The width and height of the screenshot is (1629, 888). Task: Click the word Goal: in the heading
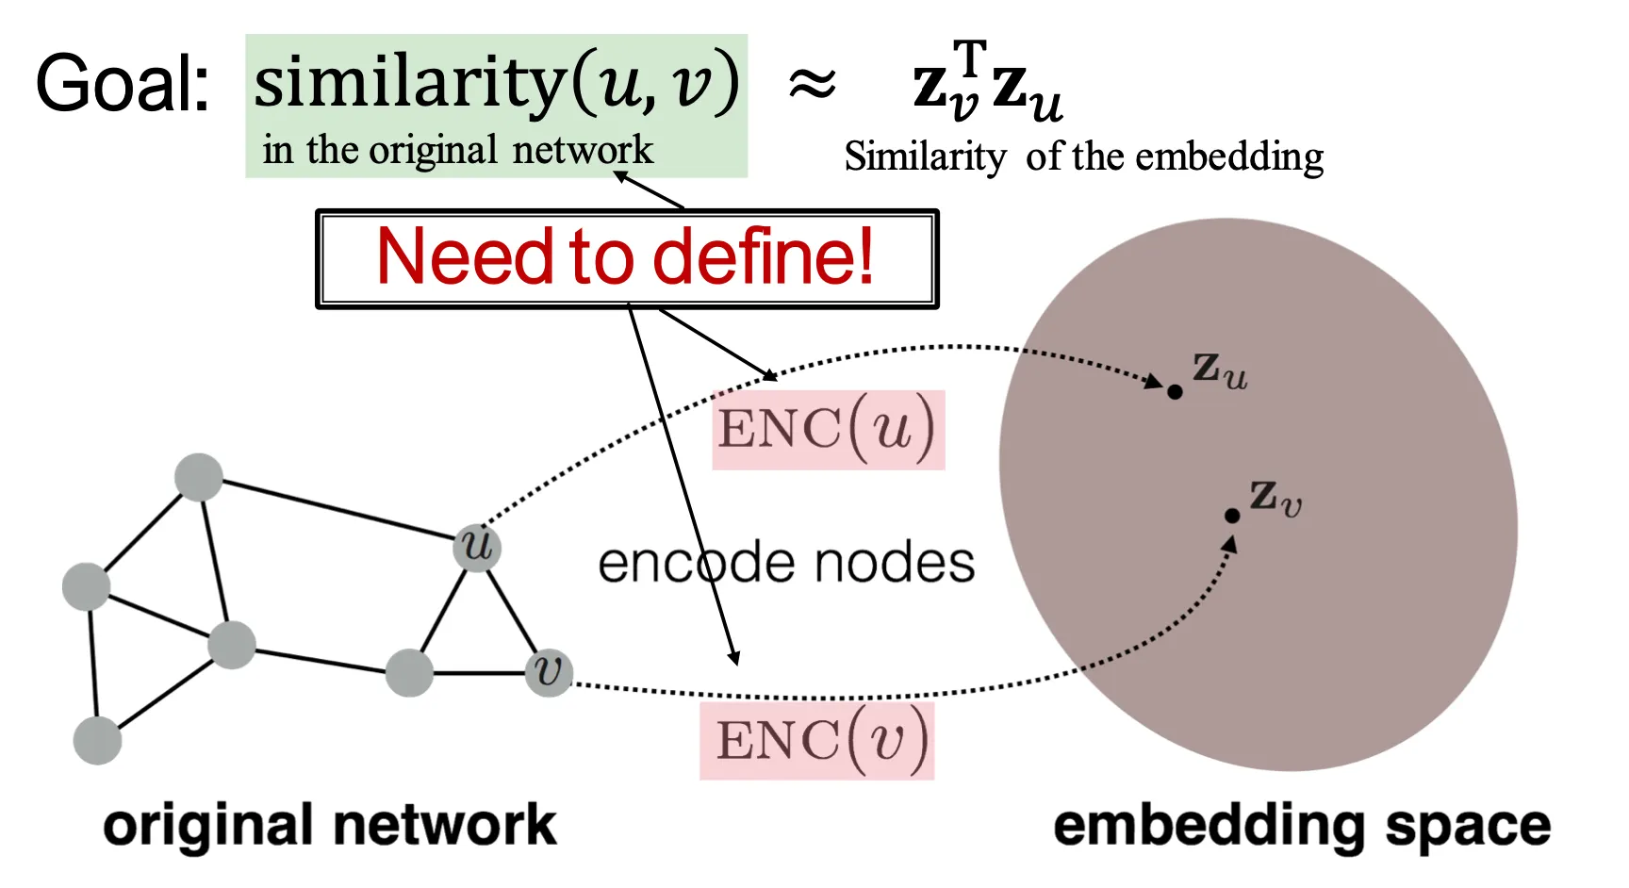[x=123, y=84]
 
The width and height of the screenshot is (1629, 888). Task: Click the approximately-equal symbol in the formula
[x=812, y=84]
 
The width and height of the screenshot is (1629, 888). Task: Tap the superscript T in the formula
[x=970, y=58]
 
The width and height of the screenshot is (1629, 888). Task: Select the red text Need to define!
[x=626, y=256]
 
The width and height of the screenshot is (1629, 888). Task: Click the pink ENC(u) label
[x=828, y=429]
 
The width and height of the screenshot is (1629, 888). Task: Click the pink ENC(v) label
[x=817, y=740]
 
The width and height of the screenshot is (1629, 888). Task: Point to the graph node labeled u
[x=477, y=546]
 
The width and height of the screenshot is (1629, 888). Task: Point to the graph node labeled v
[x=549, y=672]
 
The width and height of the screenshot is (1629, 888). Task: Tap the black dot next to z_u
[x=1175, y=391]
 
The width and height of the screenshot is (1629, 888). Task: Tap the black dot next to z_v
[x=1232, y=516]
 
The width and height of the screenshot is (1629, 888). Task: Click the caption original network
[x=330, y=825]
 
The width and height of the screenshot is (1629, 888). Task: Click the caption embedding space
[x=1302, y=827]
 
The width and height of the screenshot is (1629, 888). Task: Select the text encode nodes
[x=786, y=563]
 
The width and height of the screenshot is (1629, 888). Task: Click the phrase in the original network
[x=458, y=151]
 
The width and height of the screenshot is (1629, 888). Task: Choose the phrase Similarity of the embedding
[x=1084, y=156]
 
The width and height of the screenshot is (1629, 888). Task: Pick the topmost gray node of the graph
[x=199, y=477]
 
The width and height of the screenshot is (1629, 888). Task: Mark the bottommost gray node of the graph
[x=98, y=740]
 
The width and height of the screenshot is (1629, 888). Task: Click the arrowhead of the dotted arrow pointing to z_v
[x=1228, y=545]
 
